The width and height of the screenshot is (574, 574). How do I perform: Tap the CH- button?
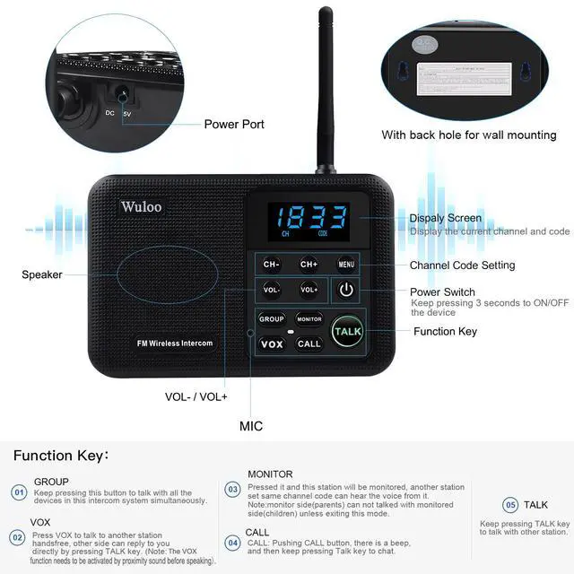[x=272, y=265]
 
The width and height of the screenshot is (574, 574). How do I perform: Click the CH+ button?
[x=309, y=265]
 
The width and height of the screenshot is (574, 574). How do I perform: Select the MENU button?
[x=347, y=265]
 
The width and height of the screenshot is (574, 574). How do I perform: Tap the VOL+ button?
[x=309, y=290]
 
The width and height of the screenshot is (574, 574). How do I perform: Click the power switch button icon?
[x=347, y=290]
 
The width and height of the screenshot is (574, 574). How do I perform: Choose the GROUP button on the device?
[x=272, y=318]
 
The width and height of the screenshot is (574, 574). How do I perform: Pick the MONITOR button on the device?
[x=309, y=318]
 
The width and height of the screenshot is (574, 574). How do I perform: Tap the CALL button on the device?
[x=309, y=344]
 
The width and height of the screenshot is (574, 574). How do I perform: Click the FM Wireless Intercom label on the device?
[x=175, y=344]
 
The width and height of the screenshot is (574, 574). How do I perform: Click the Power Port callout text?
[x=234, y=125]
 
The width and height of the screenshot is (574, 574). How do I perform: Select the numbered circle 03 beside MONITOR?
[x=233, y=490]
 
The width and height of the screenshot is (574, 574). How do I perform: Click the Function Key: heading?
[x=61, y=456]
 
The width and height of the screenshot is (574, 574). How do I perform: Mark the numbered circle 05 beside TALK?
[x=510, y=505]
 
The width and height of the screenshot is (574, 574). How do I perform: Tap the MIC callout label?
[x=251, y=426]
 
